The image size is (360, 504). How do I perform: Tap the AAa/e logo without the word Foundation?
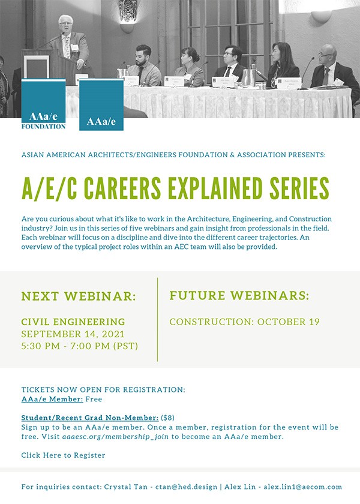[101, 105]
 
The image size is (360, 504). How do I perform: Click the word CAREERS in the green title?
[122, 188]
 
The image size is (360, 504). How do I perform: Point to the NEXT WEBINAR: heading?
[79, 296]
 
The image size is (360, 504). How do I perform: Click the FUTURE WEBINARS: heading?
[239, 295]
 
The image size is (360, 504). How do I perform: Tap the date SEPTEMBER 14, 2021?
[73, 334]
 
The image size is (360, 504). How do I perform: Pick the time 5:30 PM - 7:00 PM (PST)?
[80, 346]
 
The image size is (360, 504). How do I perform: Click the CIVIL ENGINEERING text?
[73, 322]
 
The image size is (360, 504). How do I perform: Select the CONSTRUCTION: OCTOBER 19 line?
[245, 322]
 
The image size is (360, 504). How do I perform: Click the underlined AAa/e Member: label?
[52, 399]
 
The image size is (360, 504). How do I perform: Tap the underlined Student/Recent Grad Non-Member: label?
[89, 418]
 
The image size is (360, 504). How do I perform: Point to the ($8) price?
[167, 418]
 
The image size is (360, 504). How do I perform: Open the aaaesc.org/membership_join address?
[115, 437]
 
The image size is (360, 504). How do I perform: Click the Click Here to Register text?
[64, 455]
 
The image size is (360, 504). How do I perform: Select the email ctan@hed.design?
[187, 487]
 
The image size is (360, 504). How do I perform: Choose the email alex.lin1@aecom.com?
[303, 487]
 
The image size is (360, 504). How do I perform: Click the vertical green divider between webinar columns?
[157, 319]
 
